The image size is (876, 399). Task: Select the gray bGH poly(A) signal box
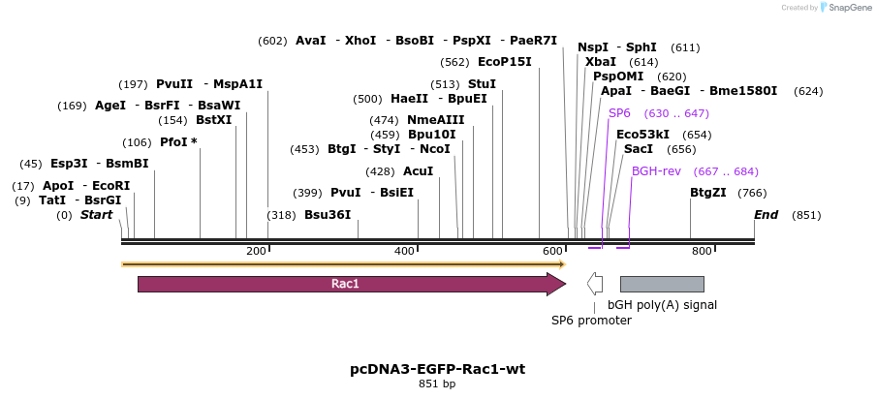click(662, 284)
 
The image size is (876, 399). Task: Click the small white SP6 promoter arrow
click(595, 284)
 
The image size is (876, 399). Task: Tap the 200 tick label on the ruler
click(256, 252)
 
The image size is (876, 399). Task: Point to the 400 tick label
click(405, 252)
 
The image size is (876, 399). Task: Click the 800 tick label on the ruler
click(702, 252)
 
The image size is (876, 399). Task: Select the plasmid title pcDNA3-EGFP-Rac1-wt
click(437, 369)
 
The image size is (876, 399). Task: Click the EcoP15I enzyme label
click(505, 62)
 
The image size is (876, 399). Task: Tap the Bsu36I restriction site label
click(328, 214)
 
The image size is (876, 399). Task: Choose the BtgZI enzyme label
click(708, 193)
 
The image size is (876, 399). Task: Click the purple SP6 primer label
click(619, 113)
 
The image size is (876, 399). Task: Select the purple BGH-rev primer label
click(657, 170)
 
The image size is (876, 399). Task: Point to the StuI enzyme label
click(482, 84)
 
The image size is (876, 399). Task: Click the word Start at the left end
click(96, 214)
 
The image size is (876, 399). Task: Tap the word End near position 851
click(766, 214)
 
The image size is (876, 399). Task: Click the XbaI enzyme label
click(601, 62)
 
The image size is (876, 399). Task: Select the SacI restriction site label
click(639, 149)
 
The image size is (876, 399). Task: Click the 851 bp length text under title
click(437, 384)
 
